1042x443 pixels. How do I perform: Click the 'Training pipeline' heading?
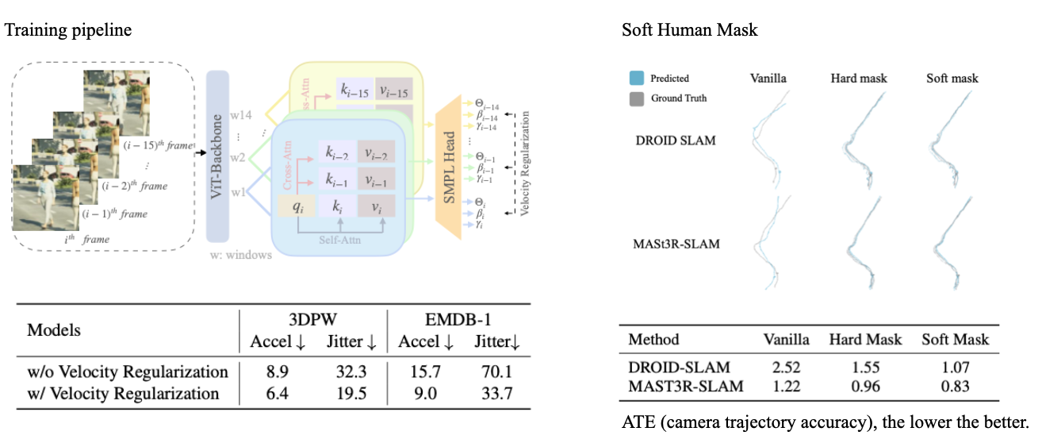point(68,31)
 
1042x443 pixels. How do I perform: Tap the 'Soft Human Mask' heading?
point(689,31)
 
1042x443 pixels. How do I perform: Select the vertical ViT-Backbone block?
point(216,156)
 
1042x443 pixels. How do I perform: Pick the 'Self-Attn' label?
point(338,237)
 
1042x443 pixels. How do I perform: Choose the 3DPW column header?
point(313,320)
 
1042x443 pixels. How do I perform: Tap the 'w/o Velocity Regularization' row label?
point(128,372)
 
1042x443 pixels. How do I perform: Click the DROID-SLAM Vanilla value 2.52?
point(786,368)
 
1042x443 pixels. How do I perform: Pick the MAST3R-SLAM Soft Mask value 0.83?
point(955,387)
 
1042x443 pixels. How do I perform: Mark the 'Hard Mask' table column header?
point(865,340)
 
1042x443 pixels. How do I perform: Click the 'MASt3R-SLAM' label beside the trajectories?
point(678,244)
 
